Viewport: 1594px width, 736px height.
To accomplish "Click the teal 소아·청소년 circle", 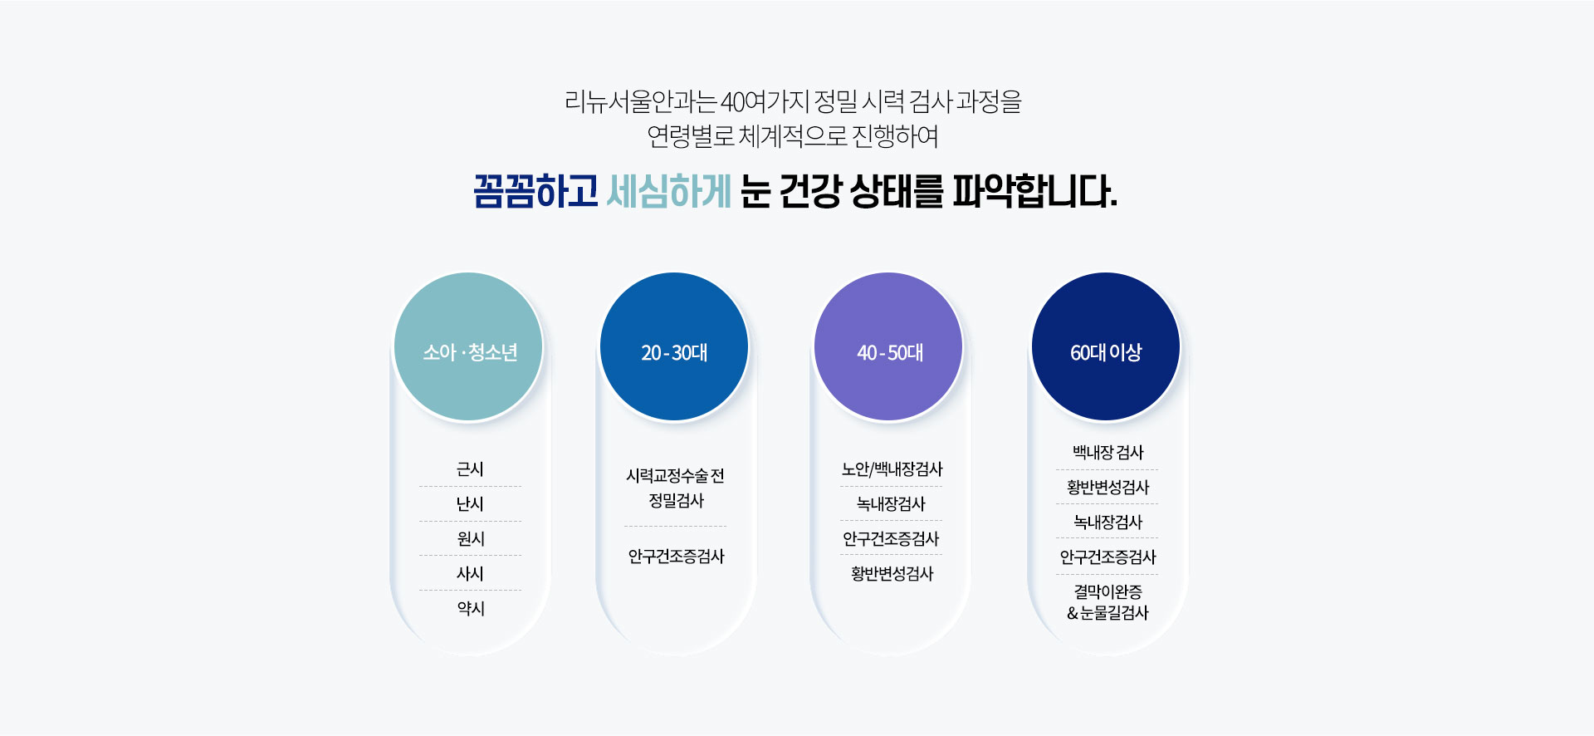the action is (x=468, y=346).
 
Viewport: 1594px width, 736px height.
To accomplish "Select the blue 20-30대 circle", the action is (x=674, y=346).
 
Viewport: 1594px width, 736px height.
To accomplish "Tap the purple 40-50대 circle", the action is (x=888, y=346).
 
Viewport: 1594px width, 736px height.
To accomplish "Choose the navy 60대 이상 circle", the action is (x=1106, y=346).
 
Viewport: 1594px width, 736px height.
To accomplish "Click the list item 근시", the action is (x=470, y=469).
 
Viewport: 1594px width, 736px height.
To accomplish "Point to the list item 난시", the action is (x=470, y=504).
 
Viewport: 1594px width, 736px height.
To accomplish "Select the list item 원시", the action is (x=470, y=539).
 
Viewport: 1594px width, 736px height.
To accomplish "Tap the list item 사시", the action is (x=470, y=574).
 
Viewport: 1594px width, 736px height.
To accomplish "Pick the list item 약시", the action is (x=470, y=609).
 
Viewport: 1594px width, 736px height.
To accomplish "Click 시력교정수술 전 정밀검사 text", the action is (x=675, y=488).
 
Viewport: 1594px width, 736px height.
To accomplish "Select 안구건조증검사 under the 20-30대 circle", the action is (x=676, y=557).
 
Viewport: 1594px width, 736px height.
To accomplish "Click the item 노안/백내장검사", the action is (x=892, y=469).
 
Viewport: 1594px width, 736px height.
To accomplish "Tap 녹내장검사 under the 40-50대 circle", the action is (x=891, y=504).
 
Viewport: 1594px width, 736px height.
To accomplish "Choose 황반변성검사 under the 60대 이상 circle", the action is (x=1107, y=488).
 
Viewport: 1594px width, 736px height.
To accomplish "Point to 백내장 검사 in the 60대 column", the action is (x=1107, y=453).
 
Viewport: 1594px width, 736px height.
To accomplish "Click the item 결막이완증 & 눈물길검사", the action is (x=1107, y=602).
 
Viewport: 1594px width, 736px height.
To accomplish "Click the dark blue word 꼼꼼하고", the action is (x=535, y=192).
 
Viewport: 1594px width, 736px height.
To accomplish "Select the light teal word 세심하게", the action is (x=668, y=192).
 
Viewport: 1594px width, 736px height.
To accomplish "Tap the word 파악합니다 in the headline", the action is (x=1034, y=192).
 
